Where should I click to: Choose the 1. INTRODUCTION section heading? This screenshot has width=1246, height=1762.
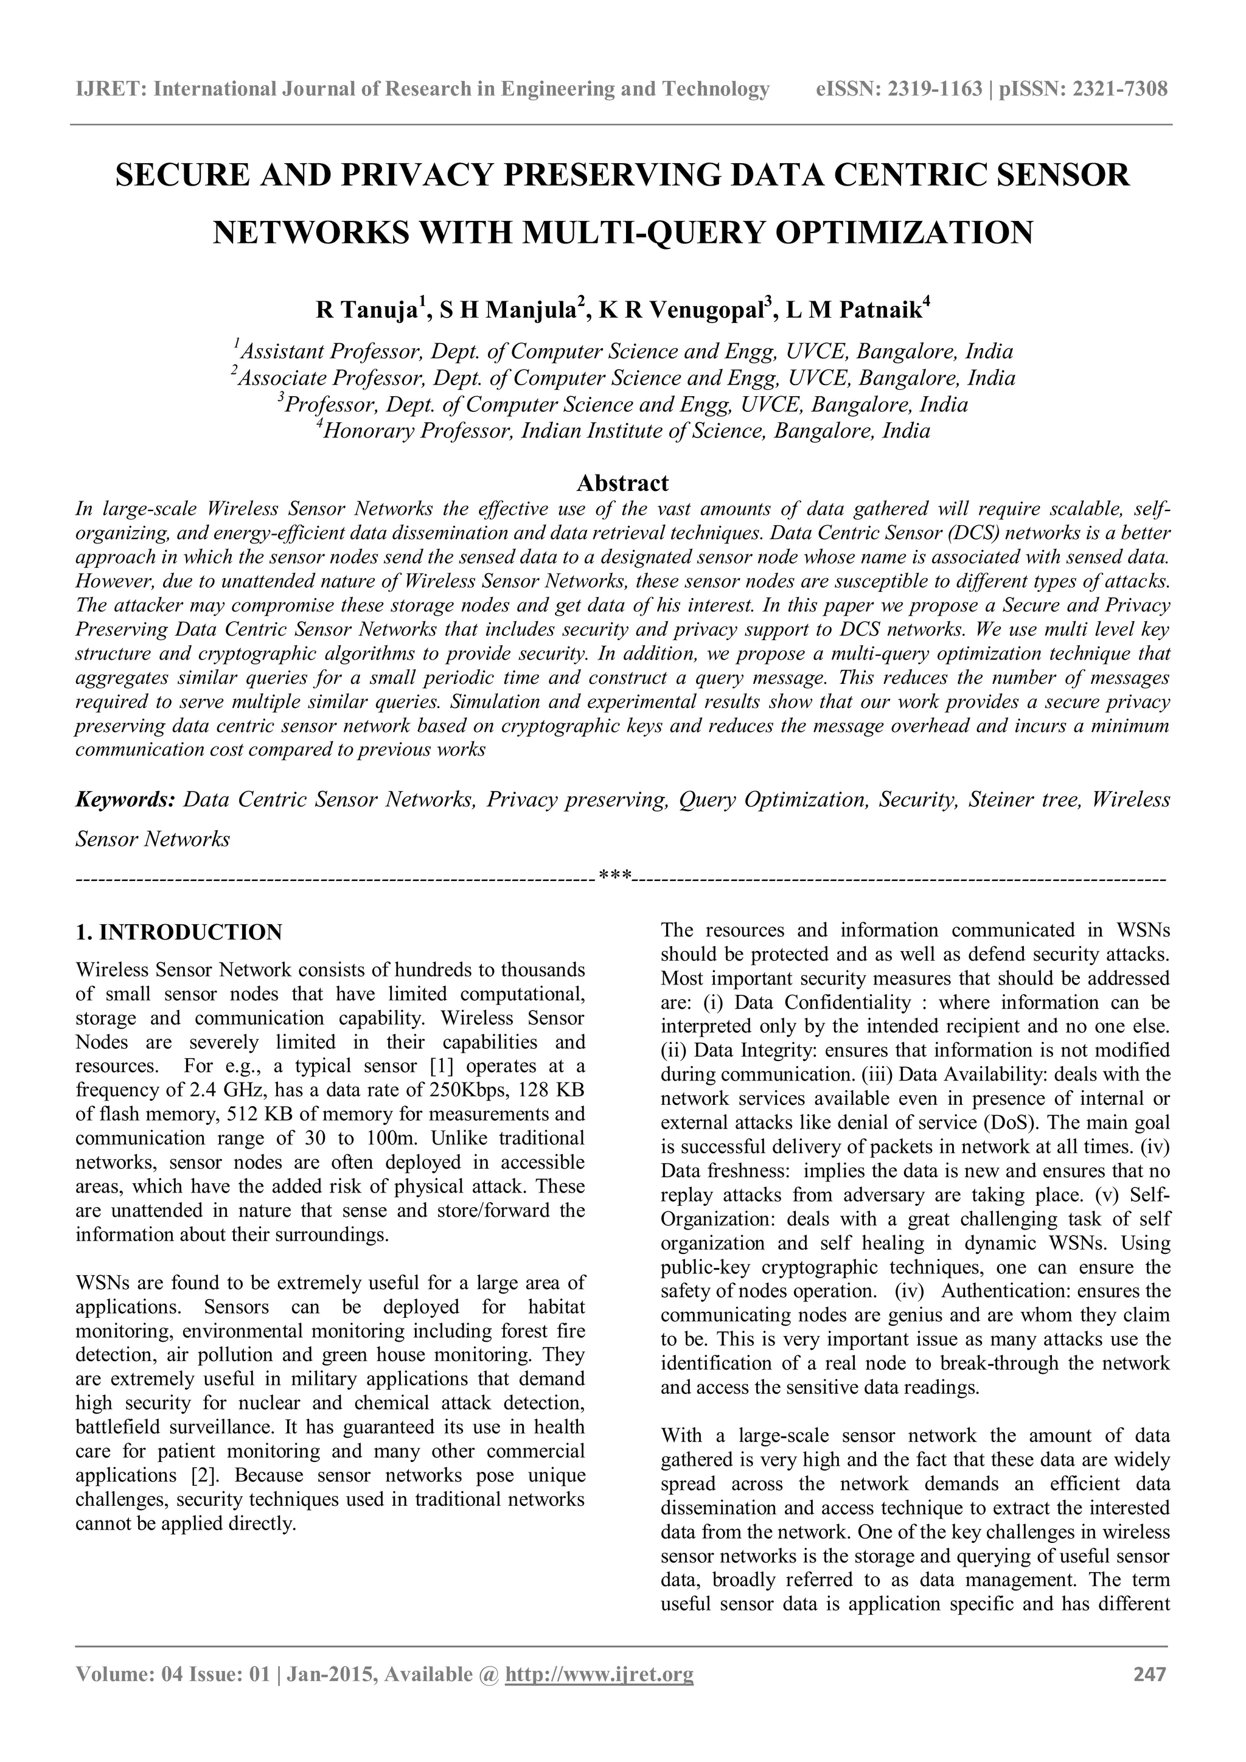[x=179, y=933]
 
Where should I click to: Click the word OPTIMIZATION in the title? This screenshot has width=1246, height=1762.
[x=904, y=232]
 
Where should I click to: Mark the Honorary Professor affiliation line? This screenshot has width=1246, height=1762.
[x=622, y=431]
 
